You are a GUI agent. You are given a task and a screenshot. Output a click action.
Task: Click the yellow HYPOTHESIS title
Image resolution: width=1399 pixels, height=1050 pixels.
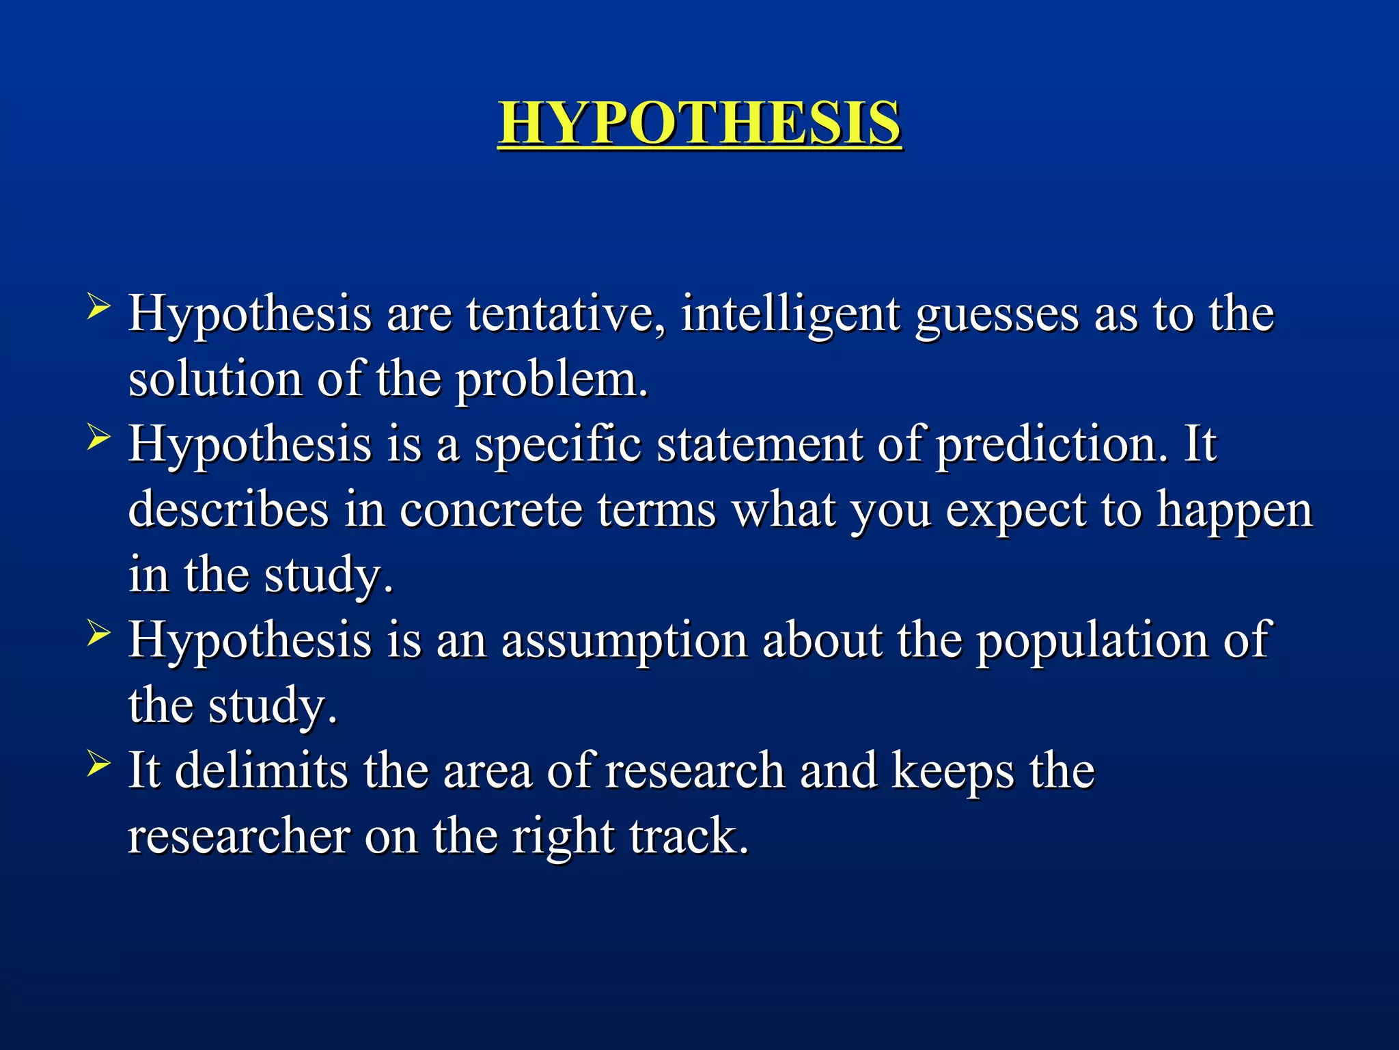click(x=699, y=123)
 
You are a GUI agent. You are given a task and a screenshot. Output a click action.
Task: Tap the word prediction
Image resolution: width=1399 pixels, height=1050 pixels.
click(x=1051, y=445)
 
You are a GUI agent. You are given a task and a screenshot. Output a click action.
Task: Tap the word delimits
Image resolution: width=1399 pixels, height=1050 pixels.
click(x=261, y=771)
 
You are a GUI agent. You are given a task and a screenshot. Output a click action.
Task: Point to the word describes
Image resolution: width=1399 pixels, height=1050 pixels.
click(x=228, y=509)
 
